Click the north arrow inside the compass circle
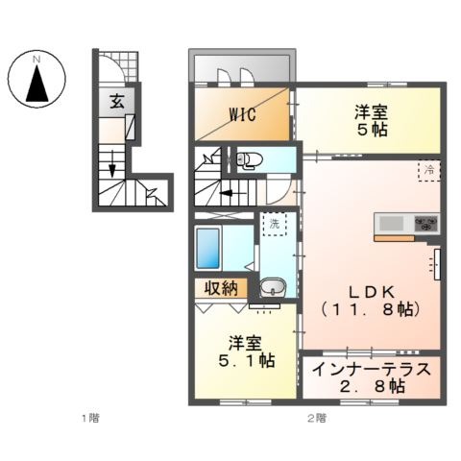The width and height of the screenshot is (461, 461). (37, 84)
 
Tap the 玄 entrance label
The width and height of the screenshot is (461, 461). (117, 102)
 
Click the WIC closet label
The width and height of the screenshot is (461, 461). (243, 114)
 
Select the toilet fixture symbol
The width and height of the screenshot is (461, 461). (249, 159)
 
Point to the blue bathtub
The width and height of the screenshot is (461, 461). (208, 248)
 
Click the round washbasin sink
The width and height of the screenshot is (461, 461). (273, 287)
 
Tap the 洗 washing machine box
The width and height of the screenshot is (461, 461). (275, 224)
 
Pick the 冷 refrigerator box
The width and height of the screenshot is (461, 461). (429, 170)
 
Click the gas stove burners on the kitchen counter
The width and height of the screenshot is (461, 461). (426, 223)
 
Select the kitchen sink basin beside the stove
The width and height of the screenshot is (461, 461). (391, 223)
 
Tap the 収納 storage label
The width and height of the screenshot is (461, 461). (221, 289)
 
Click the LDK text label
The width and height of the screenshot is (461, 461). (371, 291)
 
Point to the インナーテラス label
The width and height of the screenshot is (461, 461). (372, 370)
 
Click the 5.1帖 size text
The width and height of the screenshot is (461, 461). (246, 361)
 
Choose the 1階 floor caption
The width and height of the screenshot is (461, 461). (91, 418)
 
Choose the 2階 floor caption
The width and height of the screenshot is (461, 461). (317, 418)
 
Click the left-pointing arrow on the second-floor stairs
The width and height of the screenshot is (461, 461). (232, 193)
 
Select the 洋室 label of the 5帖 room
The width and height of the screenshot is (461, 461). (372, 112)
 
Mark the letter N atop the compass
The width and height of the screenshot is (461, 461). (36, 60)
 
